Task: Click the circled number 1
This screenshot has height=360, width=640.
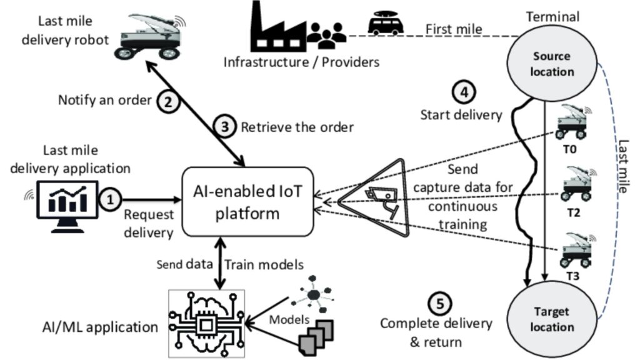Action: click(x=111, y=200)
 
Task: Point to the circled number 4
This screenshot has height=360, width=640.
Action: click(x=462, y=92)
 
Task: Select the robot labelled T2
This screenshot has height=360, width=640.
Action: click(x=572, y=181)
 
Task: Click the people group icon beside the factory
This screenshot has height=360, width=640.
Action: click(x=327, y=35)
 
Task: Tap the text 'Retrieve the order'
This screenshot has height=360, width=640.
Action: click(x=297, y=127)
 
